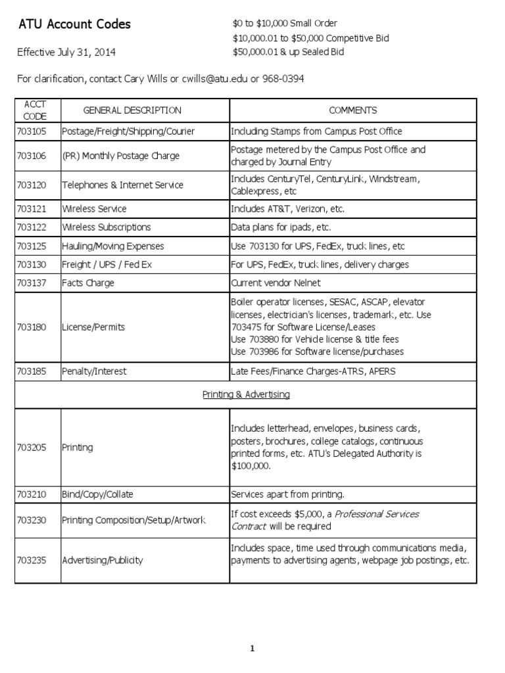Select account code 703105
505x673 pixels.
pos(32,131)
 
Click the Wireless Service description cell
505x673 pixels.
pos(94,209)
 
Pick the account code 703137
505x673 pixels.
pos(32,283)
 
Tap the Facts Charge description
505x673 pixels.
pos(88,283)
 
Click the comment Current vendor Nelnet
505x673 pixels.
pos(276,283)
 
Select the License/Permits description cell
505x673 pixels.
pos(93,327)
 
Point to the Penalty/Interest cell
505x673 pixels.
pos(94,371)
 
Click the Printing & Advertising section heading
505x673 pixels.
pos(245,395)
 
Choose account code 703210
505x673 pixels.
pos(32,494)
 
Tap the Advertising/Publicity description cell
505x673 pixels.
pos(103,561)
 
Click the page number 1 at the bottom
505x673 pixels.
pos(252,649)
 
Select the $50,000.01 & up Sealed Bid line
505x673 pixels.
pos(288,52)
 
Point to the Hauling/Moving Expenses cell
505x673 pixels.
pos(112,246)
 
